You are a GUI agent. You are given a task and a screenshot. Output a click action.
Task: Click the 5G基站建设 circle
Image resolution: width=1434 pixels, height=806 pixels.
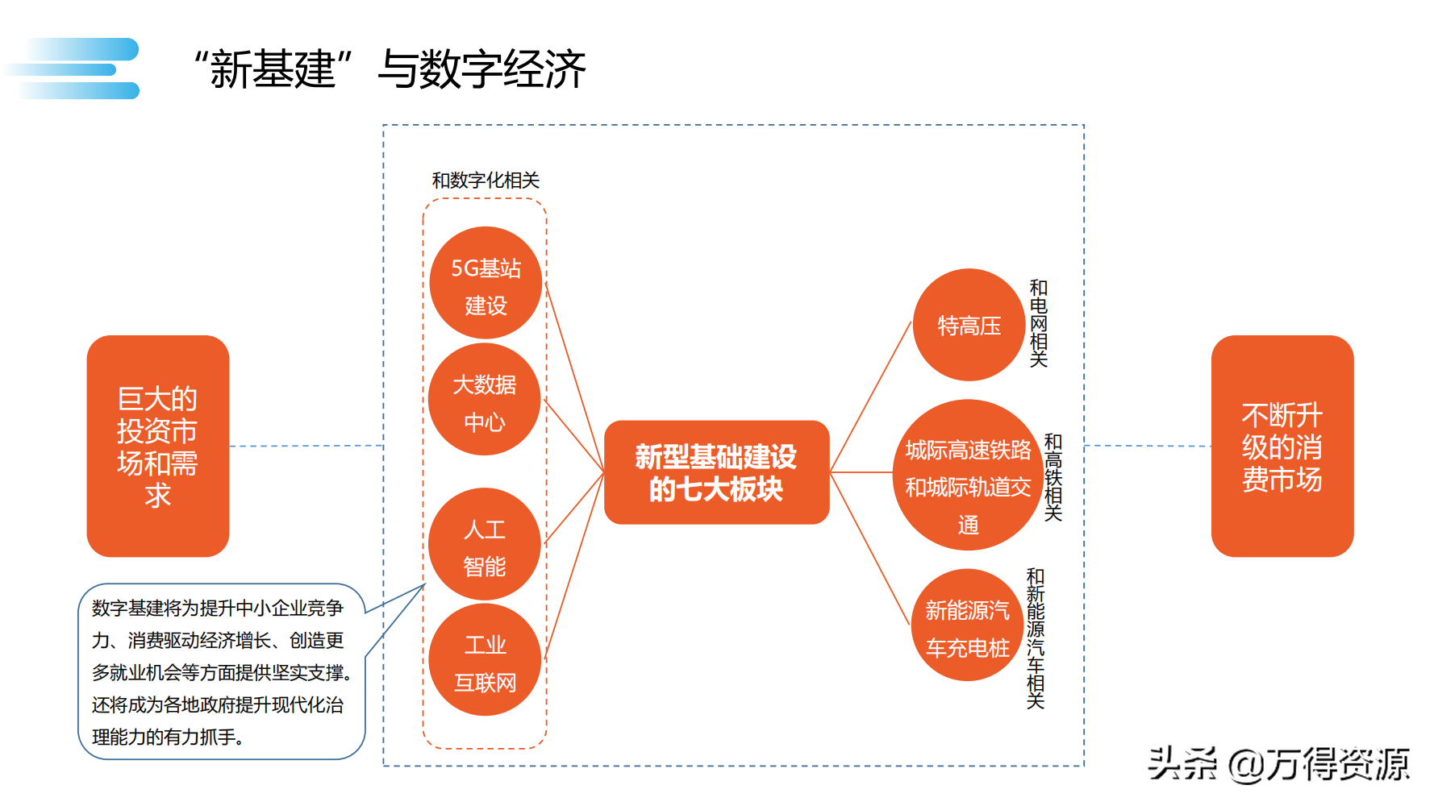point(486,283)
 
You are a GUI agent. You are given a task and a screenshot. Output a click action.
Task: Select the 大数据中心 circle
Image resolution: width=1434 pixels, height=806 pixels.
point(485,400)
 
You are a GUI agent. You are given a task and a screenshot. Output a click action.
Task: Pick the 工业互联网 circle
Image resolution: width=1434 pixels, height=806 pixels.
point(485,660)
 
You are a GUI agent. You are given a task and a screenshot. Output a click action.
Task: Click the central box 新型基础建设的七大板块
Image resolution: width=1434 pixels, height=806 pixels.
point(716,472)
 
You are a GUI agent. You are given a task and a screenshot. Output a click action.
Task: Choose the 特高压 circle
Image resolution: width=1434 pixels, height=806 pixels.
point(969,325)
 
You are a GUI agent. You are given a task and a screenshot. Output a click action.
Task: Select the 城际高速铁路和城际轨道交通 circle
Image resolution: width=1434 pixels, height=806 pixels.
point(968,476)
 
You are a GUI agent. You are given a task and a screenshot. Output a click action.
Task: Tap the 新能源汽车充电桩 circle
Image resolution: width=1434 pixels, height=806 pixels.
point(967,625)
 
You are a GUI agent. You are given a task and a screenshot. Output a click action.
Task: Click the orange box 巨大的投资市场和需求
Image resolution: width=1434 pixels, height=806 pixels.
point(158,446)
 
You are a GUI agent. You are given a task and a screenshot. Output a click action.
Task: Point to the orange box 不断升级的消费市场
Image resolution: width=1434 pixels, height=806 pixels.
point(1282,446)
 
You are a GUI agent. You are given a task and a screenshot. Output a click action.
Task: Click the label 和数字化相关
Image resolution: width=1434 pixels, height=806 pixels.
point(486,180)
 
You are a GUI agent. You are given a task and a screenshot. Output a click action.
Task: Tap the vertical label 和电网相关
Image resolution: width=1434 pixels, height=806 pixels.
point(1039,323)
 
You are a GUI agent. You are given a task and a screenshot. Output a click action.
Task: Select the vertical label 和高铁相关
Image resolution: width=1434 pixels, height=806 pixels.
point(1053,477)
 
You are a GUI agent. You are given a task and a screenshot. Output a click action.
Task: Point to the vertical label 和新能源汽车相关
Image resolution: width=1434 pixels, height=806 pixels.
point(1036,638)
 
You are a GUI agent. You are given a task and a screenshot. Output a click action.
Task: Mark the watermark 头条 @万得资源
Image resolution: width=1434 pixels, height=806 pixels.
point(1278,763)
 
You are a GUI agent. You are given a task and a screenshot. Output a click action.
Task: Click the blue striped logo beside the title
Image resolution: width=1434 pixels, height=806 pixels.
point(77,69)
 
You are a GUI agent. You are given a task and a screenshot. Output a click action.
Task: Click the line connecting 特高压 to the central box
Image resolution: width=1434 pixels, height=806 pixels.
point(870,398)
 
